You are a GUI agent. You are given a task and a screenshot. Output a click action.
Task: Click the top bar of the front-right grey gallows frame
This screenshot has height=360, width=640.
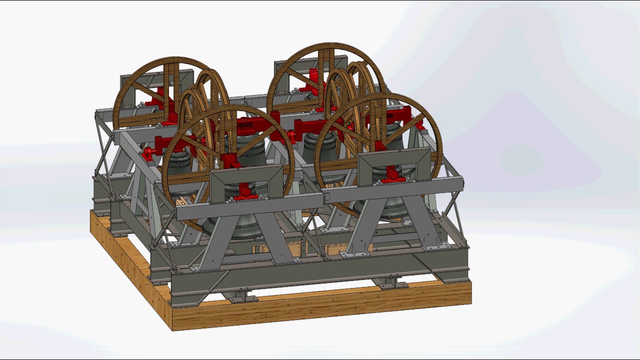pyautogui.click(x=394, y=153)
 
